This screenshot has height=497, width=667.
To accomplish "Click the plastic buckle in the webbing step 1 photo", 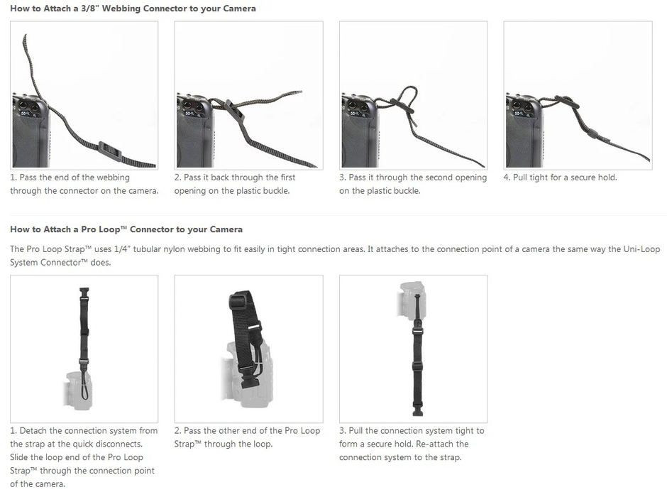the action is (x=110, y=151).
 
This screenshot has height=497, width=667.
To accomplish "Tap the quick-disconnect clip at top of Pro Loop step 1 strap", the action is (x=84, y=293).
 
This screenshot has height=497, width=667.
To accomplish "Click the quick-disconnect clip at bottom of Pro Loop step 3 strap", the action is (x=417, y=410).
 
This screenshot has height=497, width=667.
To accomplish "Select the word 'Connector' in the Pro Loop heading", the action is (x=149, y=229).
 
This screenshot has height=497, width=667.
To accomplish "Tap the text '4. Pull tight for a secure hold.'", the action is (x=561, y=177).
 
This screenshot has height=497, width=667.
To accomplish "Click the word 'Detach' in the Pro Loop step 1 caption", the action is (x=33, y=431).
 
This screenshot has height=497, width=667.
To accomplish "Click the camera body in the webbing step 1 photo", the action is (x=30, y=132).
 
